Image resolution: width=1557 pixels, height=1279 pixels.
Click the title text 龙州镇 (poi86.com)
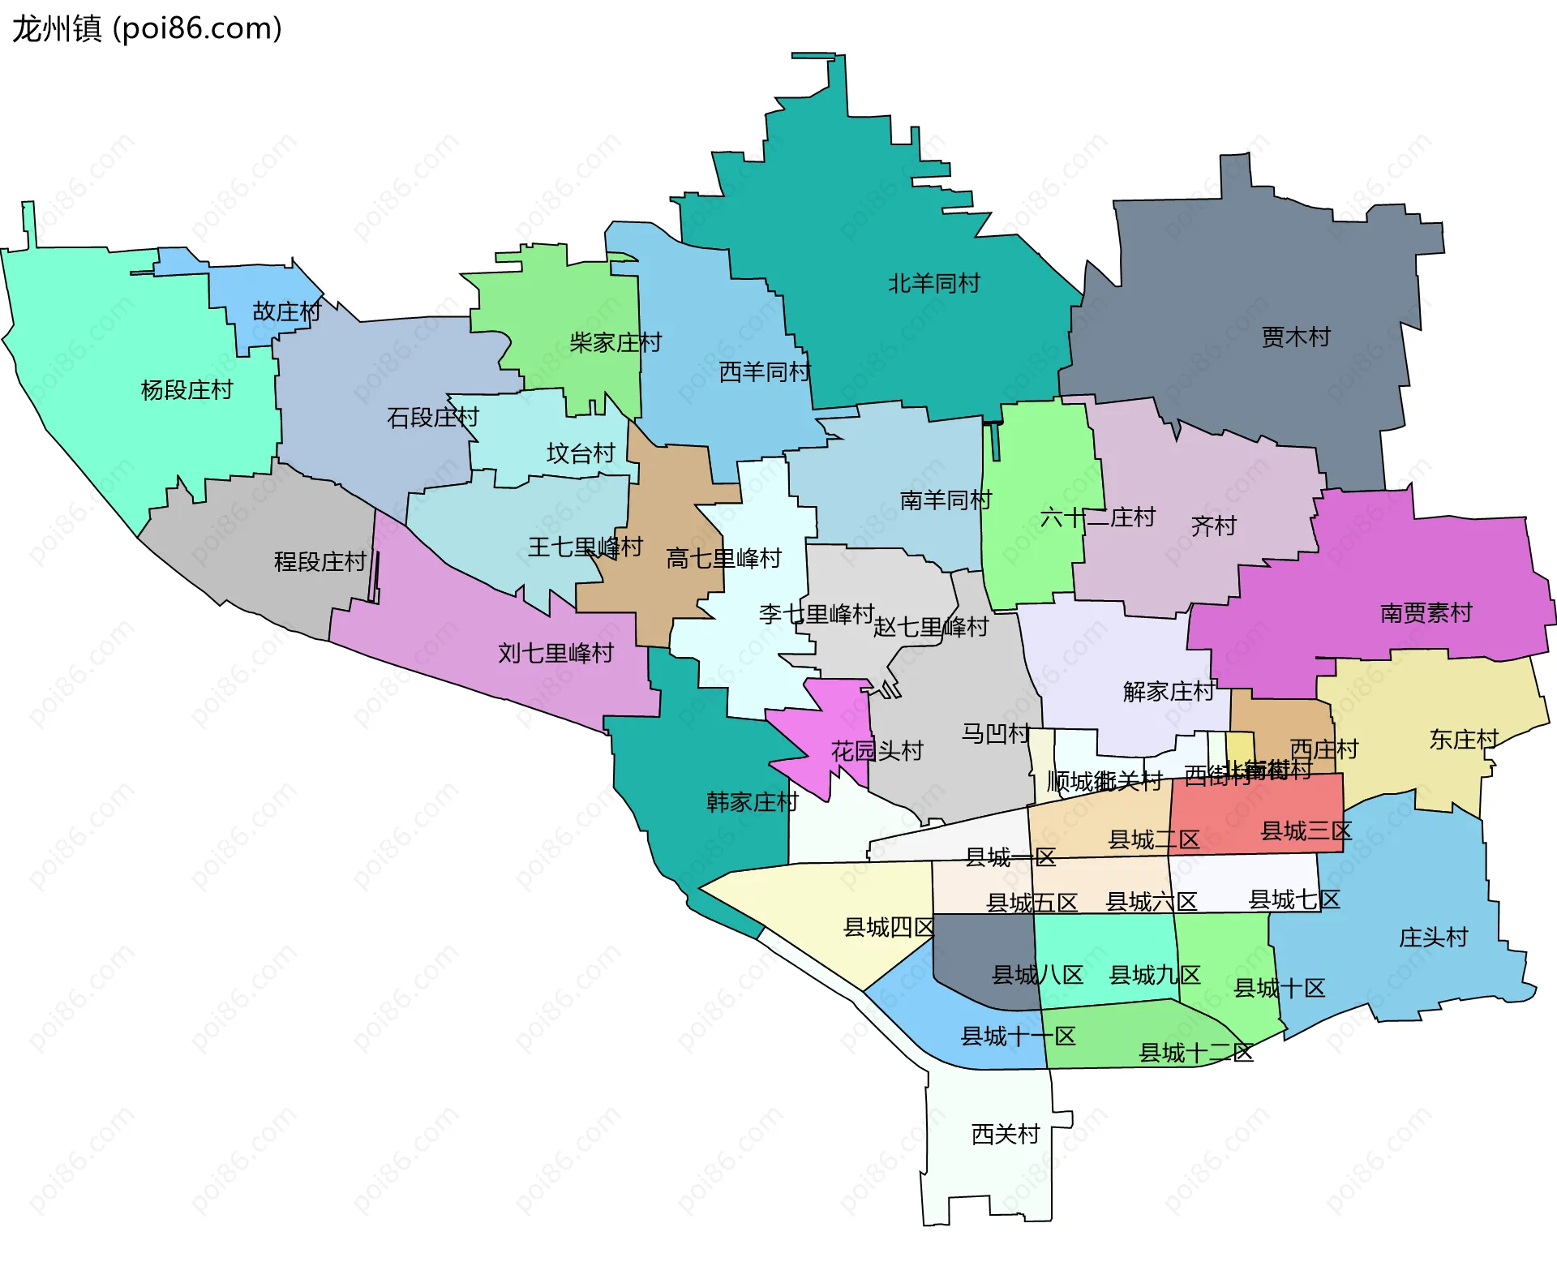click(x=147, y=29)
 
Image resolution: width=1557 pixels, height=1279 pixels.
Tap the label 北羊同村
click(x=933, y=284)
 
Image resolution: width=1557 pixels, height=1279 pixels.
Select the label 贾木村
click(x=1296, y=337)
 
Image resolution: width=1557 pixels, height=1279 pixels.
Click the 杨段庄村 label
click(x=187, y=390)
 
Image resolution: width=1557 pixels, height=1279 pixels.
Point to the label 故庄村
click(x=287, y=311)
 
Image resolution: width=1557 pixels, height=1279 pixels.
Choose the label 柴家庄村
click(x=616, y=342)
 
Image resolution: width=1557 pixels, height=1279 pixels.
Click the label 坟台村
click(x=581, y=453)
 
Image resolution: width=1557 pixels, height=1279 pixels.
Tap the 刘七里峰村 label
click(x=555, y=653)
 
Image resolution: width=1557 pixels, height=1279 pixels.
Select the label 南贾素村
click(x=1426, y=613)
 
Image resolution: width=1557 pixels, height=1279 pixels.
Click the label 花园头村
click(x=877, y=751)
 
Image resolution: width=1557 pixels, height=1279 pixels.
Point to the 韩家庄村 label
click(x=753, y=802)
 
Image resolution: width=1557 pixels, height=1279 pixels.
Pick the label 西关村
click(x=1006, y=1134)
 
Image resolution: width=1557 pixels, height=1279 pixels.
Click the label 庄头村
click(x=1433, y=938)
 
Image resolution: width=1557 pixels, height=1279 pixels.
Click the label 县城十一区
click(x=1018, y=1037)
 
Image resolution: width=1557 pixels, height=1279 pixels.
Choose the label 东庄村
click(x=1464, y=740)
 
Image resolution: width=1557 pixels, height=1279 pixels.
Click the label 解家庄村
click(x=1169, y=692)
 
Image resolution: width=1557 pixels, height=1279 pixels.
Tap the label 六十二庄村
click(x=1097, y=517)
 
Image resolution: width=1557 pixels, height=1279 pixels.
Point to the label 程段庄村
click(x=320, y=561)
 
